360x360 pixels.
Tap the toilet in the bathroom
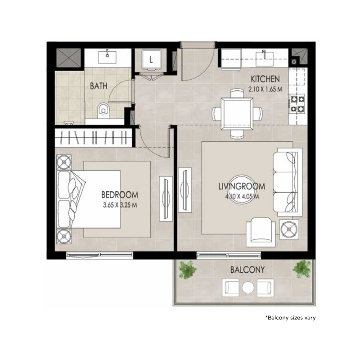tap(103, 109)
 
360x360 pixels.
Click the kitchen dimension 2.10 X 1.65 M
tap(265, 89)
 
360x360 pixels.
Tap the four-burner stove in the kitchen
tap(297, 103)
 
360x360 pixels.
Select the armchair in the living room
tap(261, 231)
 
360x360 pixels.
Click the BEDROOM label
tap(119, 195)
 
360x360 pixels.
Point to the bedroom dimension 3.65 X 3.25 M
tap(119, 205)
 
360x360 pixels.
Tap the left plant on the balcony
tap(188, 270)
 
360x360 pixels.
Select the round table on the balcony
tap(248, 287)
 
